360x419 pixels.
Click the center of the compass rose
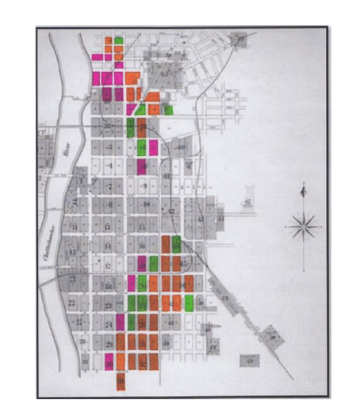pos(303,225)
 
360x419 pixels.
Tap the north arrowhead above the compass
pos(303,188)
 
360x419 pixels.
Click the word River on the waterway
pos(66,149)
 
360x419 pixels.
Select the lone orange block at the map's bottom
pos(121,381)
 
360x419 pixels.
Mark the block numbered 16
pos(143,246)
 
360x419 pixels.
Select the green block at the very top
pos(118,39)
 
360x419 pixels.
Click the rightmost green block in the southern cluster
pos(189,303)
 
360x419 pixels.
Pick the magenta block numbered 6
pos(143,166)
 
